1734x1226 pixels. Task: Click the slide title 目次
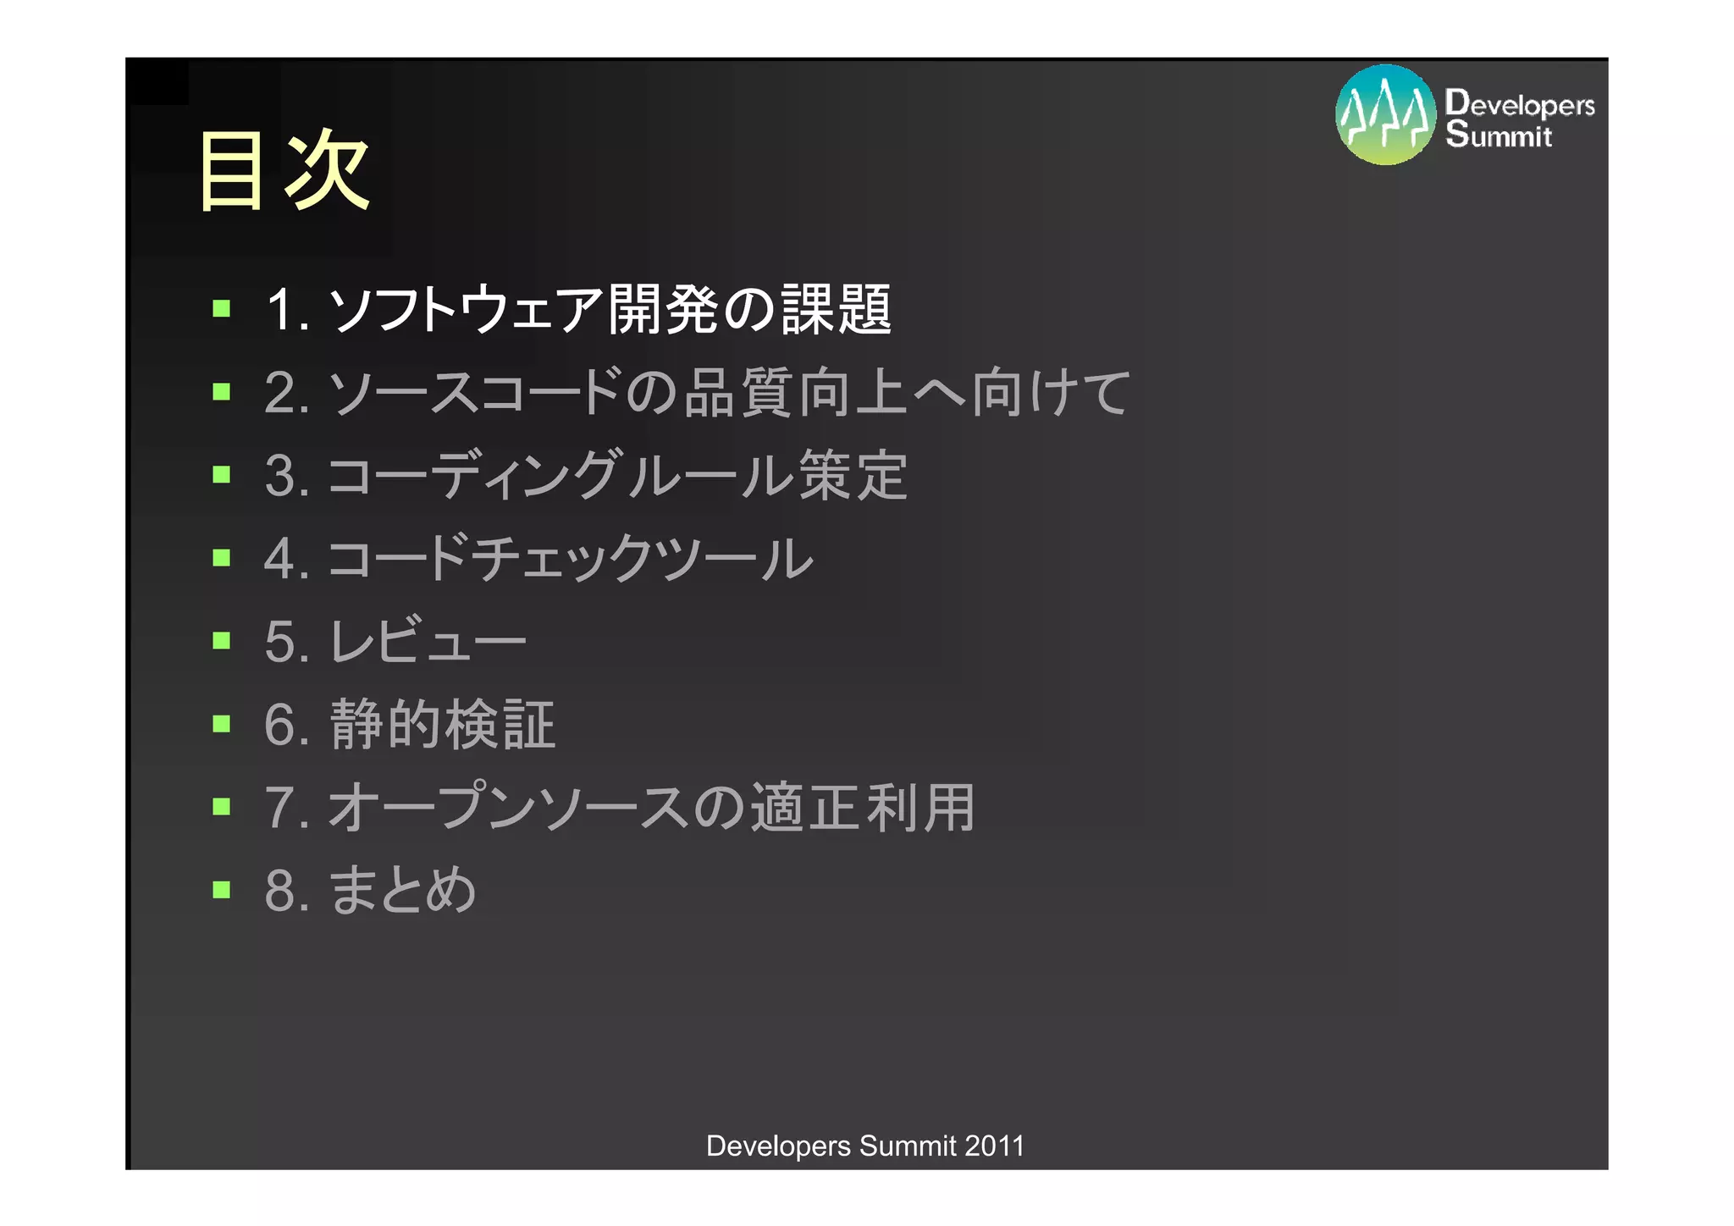283,171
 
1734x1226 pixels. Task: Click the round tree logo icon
1385,115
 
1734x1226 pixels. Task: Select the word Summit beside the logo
1499,135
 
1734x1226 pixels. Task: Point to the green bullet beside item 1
222,308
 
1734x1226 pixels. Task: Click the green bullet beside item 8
222,889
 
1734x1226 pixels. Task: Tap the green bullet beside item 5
222,640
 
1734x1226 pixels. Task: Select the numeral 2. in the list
286,393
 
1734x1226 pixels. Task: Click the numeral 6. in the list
286,725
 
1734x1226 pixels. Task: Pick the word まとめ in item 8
403,891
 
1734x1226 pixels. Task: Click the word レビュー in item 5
428,641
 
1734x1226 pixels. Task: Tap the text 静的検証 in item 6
443,725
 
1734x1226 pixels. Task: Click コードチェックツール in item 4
570,558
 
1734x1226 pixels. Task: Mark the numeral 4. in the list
286,559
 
